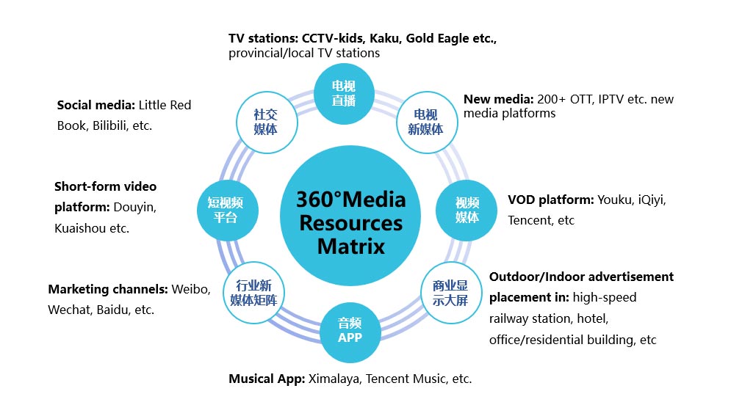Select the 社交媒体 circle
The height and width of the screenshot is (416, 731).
coord(265,122)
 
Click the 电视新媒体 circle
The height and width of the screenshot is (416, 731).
coord(426,122)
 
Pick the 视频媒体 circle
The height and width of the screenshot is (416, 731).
coord(467,210)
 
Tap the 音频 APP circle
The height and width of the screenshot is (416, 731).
coord(350,329)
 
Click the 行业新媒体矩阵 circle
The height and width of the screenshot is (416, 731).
coord(254,292)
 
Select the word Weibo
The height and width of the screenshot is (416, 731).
coord(190,289)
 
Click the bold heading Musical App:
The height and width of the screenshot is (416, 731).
coord(265,379)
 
